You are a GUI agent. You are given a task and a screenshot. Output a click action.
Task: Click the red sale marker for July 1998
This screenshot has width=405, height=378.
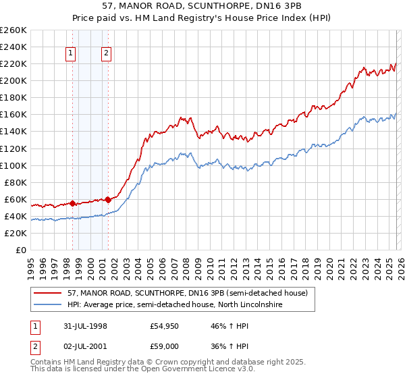point(72,203)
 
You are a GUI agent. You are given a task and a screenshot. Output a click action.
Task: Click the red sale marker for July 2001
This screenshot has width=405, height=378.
point(108,200)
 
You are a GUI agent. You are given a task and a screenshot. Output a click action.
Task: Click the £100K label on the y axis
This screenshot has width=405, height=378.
point(13,165)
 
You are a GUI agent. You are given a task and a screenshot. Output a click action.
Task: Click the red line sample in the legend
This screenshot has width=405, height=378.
point(47,293)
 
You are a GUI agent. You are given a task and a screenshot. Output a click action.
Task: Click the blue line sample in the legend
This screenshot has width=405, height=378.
point(47,305)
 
